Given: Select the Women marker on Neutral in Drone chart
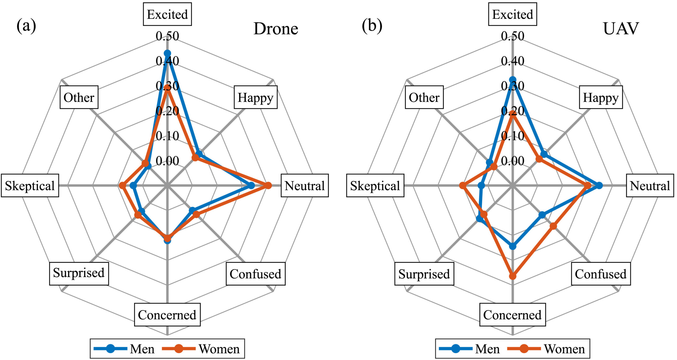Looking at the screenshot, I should pos(268,186).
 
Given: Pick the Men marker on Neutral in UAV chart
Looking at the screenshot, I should pos(599,186).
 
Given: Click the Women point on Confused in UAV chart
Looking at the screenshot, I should pos(553,226).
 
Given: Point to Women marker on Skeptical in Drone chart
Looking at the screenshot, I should pos(122,186).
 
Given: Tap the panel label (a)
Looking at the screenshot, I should pos(26,26).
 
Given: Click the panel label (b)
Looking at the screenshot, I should pos(372,26).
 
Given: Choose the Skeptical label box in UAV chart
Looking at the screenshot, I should pos(375,186).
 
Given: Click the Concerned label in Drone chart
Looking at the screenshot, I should pos(167,315).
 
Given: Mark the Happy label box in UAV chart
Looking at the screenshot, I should pos(601,97).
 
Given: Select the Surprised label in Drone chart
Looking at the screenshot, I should pos(79,274).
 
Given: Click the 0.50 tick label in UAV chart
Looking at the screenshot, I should pos(513,36).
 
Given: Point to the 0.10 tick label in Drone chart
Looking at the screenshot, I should pos(167,136).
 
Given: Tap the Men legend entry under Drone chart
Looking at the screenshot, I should pos(124,349).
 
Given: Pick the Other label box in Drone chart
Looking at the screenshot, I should pos(79,97).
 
